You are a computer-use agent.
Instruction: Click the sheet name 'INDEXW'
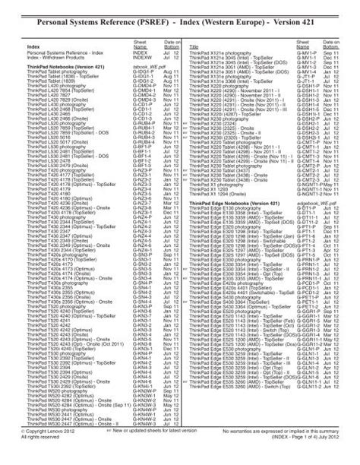coord(142,57)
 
